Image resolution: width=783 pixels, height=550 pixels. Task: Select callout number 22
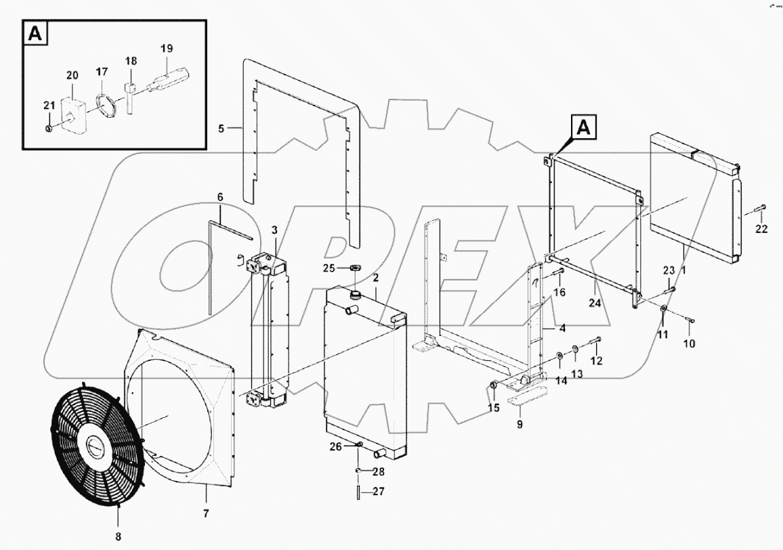point(761,229)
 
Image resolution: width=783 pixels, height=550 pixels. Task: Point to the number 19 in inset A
point(166,48)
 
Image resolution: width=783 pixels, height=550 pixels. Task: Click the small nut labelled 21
point(49,128)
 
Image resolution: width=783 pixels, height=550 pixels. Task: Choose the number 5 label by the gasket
point(220,127)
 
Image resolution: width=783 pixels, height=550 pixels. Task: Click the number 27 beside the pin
point(378,492)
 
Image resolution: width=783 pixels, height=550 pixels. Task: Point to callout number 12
point(596,361)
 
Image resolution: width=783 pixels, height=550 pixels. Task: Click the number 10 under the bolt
point(689,343)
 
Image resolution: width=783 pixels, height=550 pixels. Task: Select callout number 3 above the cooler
point(274,231)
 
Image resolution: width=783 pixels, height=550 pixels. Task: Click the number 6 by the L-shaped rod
point(219,196)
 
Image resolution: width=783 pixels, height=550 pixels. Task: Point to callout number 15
point(492,408)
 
